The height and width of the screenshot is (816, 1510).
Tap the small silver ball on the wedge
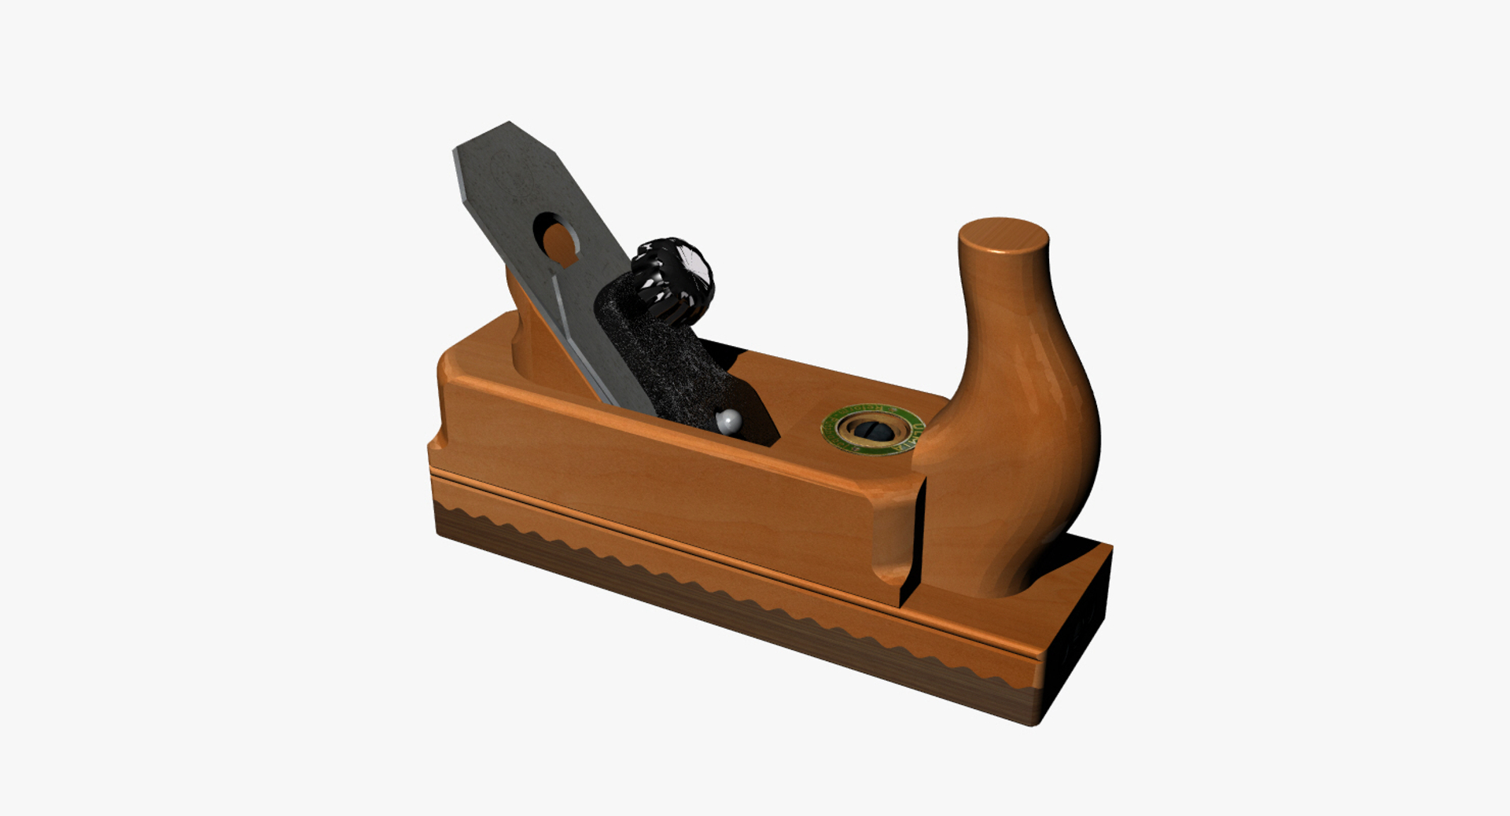coord(729,422)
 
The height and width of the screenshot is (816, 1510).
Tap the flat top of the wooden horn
coord(1003,235)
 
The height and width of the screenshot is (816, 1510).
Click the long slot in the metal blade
coord(582,330)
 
